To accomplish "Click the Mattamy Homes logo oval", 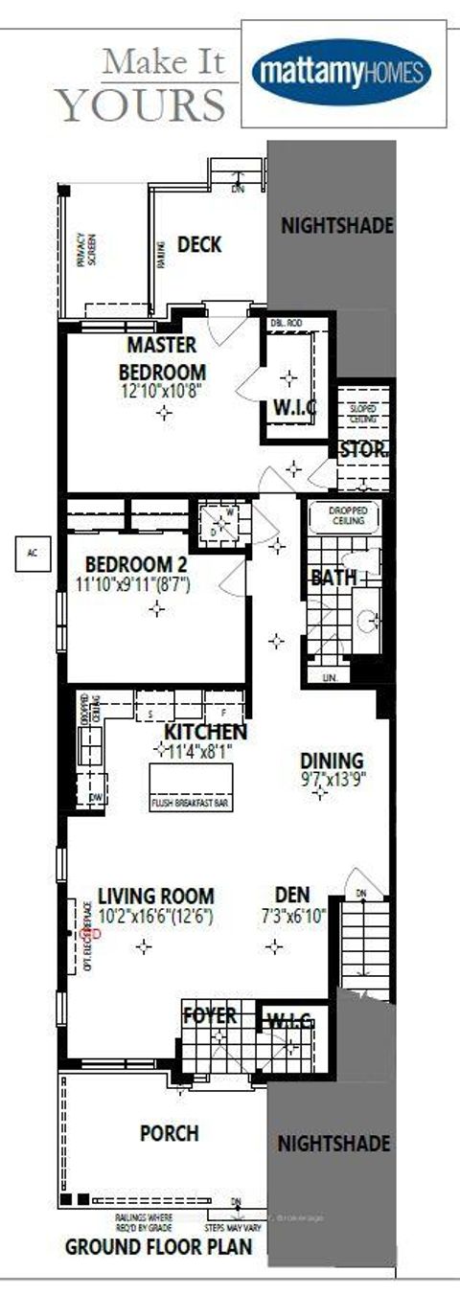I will point(341,73).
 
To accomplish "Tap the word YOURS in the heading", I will point(142,103).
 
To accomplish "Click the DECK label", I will point(199,245).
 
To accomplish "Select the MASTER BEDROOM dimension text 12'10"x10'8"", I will point(162,391).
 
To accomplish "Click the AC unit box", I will point(31,553).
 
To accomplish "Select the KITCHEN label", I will point(205,732).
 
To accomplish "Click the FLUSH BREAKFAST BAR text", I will point(189,803).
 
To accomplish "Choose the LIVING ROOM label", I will point(155,897).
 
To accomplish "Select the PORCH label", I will point(170,1133).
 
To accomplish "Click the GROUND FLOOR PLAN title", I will point(158,1247).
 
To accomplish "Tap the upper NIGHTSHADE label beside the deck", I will point(335,226).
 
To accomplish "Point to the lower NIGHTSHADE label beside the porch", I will point(333,1144).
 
